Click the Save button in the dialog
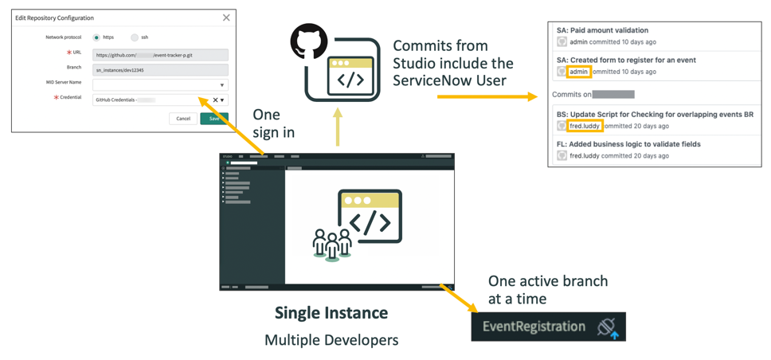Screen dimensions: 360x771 click(x=213, y=118)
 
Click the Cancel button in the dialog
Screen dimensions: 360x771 click(x=183, y=118)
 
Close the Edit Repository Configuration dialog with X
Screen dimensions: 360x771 click(x=226, y=18)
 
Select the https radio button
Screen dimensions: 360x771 click(x=97, y=37)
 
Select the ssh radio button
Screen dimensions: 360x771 click(x=135, y=37)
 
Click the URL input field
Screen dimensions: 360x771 click(x=160, y=55)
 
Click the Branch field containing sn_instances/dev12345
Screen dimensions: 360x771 click(x=160, y=69)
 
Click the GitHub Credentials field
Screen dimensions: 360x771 click(x=151, y=100)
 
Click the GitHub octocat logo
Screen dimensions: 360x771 click(x=309, y=42)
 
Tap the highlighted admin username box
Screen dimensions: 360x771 click(x=579, y=72)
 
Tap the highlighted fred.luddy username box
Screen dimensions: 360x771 click(x=585, y=126)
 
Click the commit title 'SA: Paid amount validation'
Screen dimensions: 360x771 click(x=603, y=30)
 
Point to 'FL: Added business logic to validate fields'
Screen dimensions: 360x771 click(x=628, y=144)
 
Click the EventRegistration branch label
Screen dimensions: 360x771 click(x=534, y=327)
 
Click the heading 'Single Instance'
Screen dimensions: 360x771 click(x=331, y=313)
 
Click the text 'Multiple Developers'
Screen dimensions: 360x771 click(x=331, y=340)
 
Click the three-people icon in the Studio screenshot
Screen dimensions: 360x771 click(x=332, y=244)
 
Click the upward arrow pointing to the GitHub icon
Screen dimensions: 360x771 click(x=338, y=127)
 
